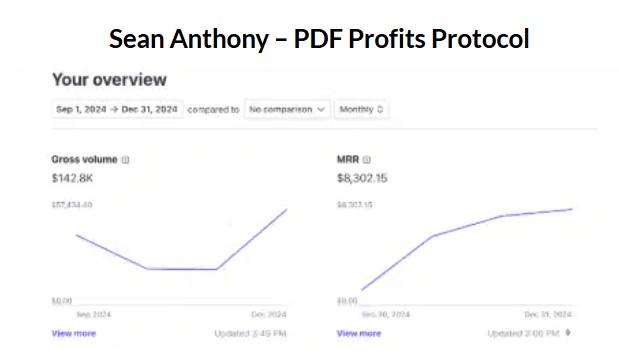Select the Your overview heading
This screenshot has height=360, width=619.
109,79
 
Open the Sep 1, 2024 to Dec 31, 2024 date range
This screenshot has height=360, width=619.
116,109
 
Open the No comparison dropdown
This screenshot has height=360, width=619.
287,109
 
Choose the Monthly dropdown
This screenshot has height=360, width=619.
362,109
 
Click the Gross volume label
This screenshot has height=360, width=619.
84,159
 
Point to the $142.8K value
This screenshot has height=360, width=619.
73,178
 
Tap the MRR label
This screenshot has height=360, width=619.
347,159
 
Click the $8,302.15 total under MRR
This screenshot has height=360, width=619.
362,178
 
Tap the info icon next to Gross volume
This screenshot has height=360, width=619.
126,159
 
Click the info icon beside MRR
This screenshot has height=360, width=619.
367,159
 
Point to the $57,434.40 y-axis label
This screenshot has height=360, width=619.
72,205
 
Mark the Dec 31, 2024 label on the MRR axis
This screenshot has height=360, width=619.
549,313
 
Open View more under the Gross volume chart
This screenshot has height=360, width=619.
74,333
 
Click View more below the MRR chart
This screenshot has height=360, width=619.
359,333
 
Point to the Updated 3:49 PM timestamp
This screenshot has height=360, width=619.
250,333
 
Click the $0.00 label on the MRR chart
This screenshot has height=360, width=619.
347,300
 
